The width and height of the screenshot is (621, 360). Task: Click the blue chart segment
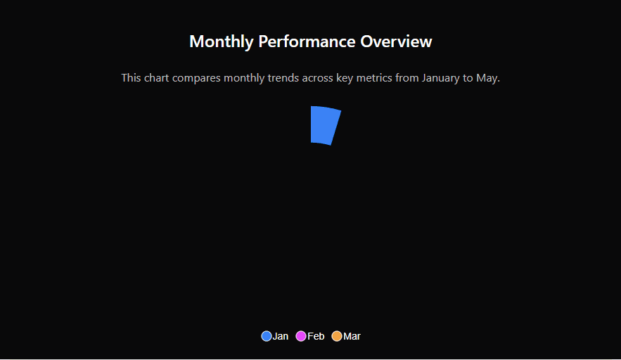pos(324,125)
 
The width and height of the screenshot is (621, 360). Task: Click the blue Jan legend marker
pos(266,336)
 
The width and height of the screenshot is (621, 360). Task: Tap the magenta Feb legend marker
pos(301,336)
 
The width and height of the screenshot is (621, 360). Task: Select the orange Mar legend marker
pos(337,336)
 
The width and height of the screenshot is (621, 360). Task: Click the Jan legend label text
pos(281,336)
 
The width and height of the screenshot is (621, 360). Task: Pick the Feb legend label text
pos(316,336)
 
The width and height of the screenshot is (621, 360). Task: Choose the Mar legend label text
pos(352,336)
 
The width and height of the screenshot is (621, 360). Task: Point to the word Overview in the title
pos(396,41)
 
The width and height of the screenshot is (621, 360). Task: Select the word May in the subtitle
pos(487,78)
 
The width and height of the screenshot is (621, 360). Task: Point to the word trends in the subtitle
pos(283,78)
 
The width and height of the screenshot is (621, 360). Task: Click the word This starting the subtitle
pos(131,78)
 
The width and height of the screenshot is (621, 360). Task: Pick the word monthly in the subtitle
pos(244,78)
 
